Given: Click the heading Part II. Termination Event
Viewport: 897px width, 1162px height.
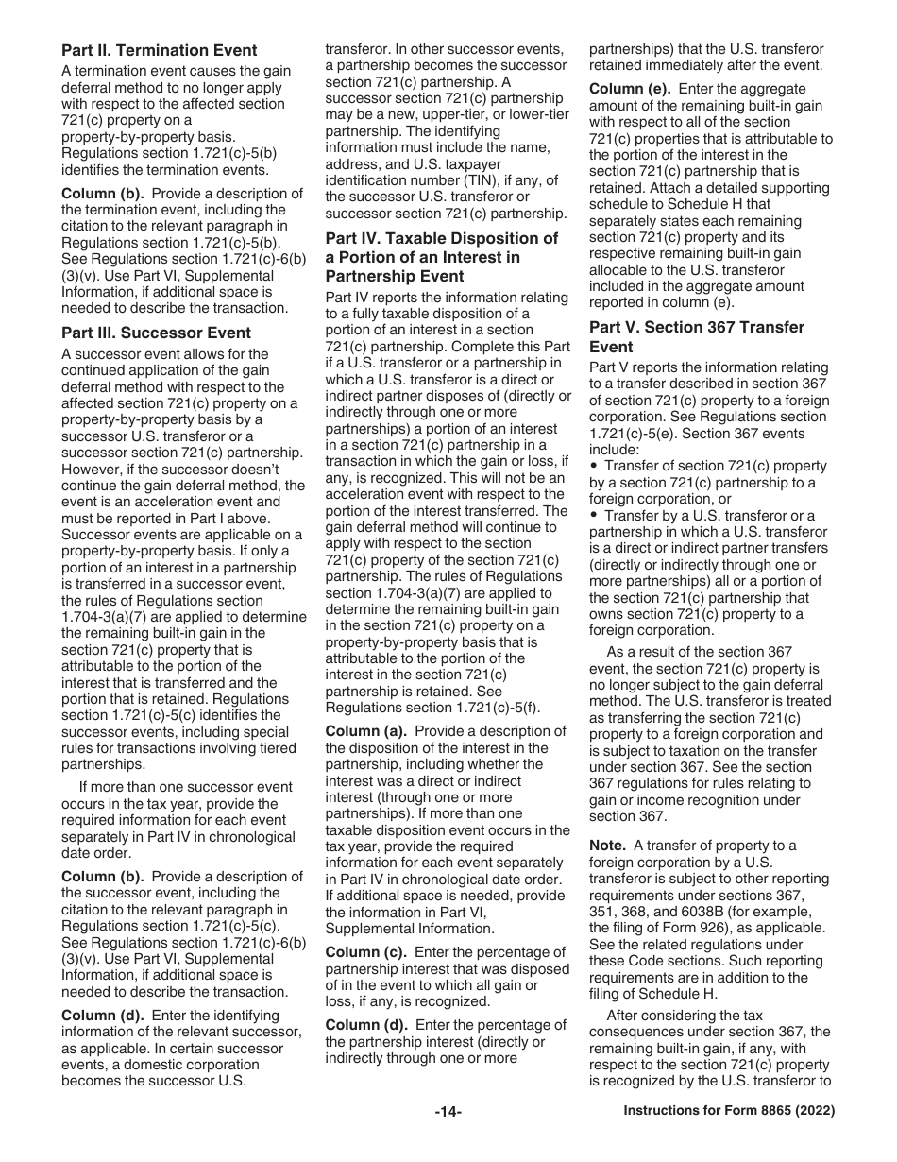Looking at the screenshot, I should (x=159, y=50).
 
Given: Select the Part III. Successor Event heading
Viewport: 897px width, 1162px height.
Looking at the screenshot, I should (x=156, y=333).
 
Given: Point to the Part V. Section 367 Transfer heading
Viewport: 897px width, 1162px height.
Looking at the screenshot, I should (x=697, y=336).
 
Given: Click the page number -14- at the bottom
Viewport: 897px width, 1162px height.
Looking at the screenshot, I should (x=448, y=1112).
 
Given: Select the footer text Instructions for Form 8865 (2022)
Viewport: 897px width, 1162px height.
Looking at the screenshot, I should (x=729, y=1112).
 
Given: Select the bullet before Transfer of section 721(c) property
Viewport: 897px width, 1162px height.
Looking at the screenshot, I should (x=595, y=467).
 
